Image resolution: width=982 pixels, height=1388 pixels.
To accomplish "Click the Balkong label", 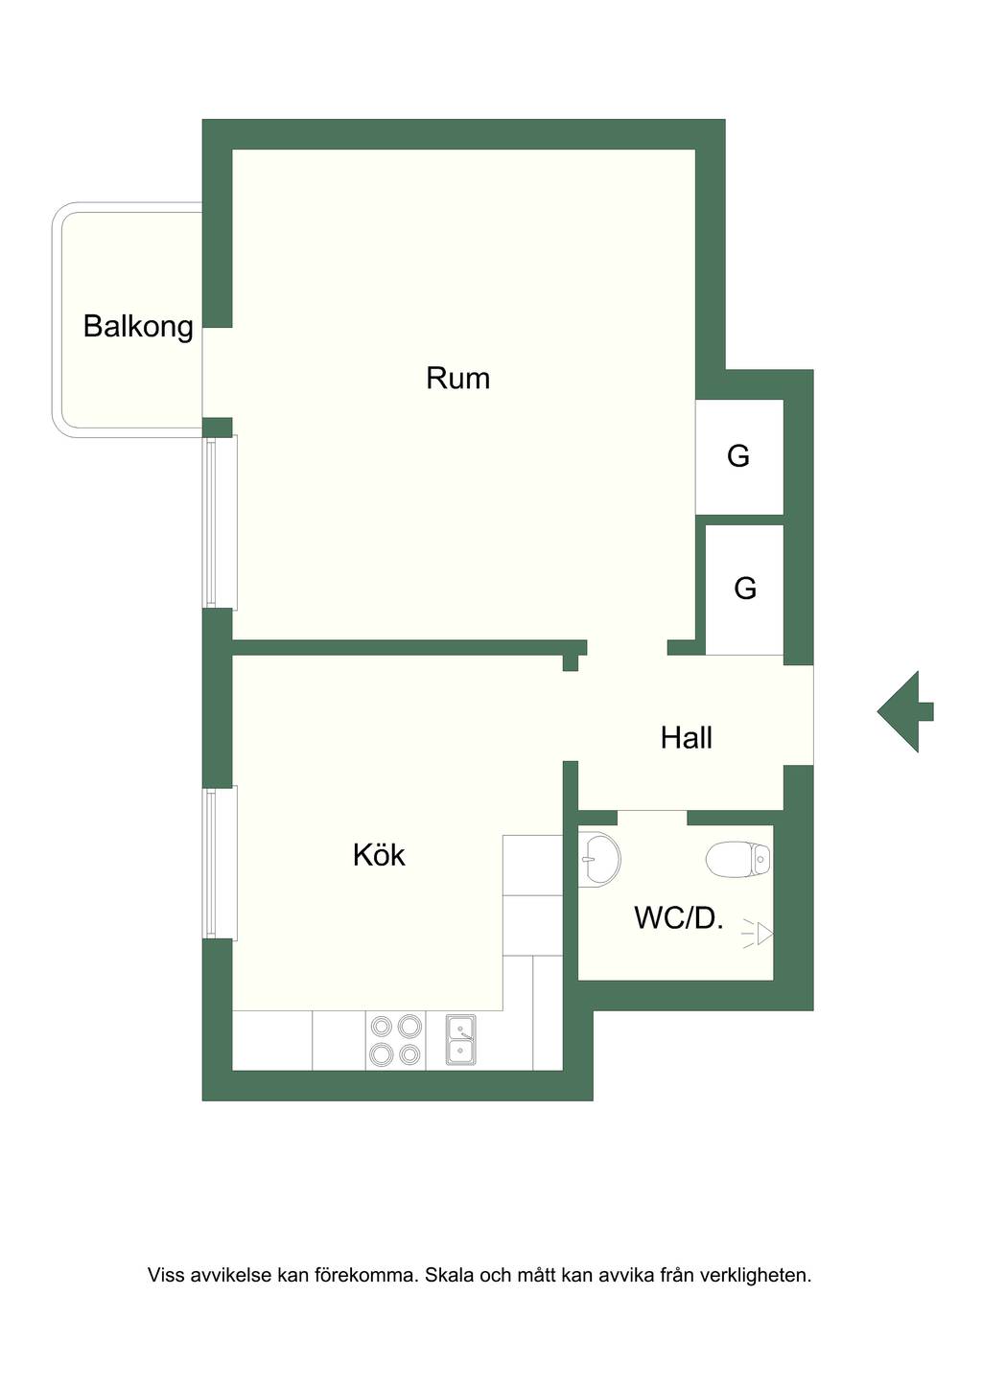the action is click(x=138, y=327).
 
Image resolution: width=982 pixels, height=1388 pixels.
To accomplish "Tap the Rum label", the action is click(x=457, y=378).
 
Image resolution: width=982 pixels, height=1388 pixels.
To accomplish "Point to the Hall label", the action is click(x=687, y=737).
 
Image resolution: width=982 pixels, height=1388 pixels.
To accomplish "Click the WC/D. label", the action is click(x=679, y=917).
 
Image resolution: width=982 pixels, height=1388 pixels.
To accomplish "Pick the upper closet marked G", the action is click(x=739, y=456).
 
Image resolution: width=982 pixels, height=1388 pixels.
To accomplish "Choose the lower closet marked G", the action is click(x=744, y=590).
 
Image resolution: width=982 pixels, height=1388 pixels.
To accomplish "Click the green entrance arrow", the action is click(x=905, y=711).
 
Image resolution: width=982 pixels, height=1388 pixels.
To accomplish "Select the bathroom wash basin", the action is click(x=598, y=858).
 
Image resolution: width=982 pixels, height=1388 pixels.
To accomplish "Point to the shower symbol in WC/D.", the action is click(x=758, y=934).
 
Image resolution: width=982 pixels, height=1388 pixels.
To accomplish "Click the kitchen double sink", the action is click(x=460, y=1039).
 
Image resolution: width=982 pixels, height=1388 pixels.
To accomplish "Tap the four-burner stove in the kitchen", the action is click(x=395, y=1040).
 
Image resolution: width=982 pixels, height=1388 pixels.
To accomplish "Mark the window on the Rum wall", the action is click(x=221, y=521).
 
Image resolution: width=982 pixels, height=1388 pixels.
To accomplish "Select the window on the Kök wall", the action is click(x=221, y=863).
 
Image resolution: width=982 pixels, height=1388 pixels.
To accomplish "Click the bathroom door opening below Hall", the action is click(x=652, y=818).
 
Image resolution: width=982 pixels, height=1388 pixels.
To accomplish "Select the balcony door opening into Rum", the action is click(x=218, y=373).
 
